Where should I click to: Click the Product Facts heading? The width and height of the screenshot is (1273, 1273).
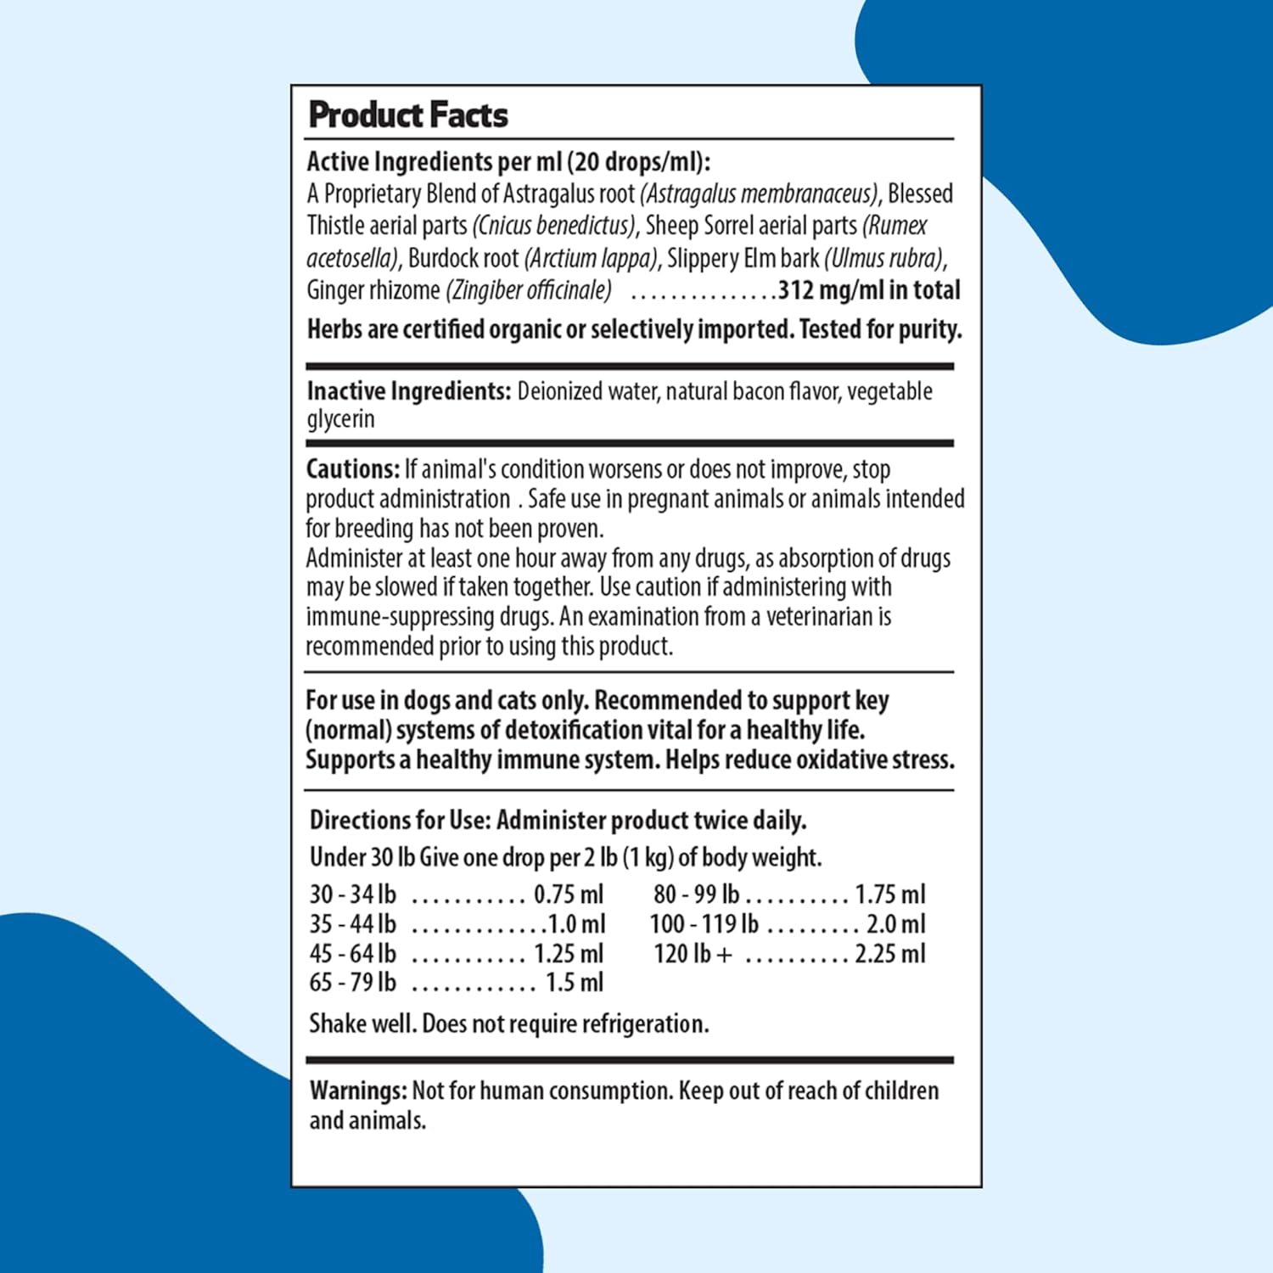point(408,115)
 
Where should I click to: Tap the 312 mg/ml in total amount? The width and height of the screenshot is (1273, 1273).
point(869,290)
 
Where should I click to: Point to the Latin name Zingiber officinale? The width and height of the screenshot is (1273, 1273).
point(528,290)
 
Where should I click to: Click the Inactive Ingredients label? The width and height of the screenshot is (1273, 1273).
point(408,391)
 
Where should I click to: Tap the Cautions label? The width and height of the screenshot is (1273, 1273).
point(352,469)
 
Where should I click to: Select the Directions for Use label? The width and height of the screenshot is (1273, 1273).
point(400,821)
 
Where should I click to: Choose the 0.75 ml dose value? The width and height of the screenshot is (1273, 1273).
point(569,894)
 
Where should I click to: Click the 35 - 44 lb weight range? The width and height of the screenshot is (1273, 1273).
point(353,924)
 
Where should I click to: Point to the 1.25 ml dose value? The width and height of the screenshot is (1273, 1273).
point(569,954)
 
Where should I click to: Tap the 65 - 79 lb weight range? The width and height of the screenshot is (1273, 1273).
point(353,983)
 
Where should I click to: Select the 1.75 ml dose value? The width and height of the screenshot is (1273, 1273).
point(889,894)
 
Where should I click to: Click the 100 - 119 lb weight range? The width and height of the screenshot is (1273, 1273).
point(704,924)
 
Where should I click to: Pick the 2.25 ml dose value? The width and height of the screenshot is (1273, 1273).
point(889,954)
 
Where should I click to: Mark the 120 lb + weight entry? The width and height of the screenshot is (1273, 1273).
point(692,954)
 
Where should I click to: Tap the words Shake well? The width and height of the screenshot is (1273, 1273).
point(362,1024)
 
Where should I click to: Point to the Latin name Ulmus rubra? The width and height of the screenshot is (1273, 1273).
point(883,258)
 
